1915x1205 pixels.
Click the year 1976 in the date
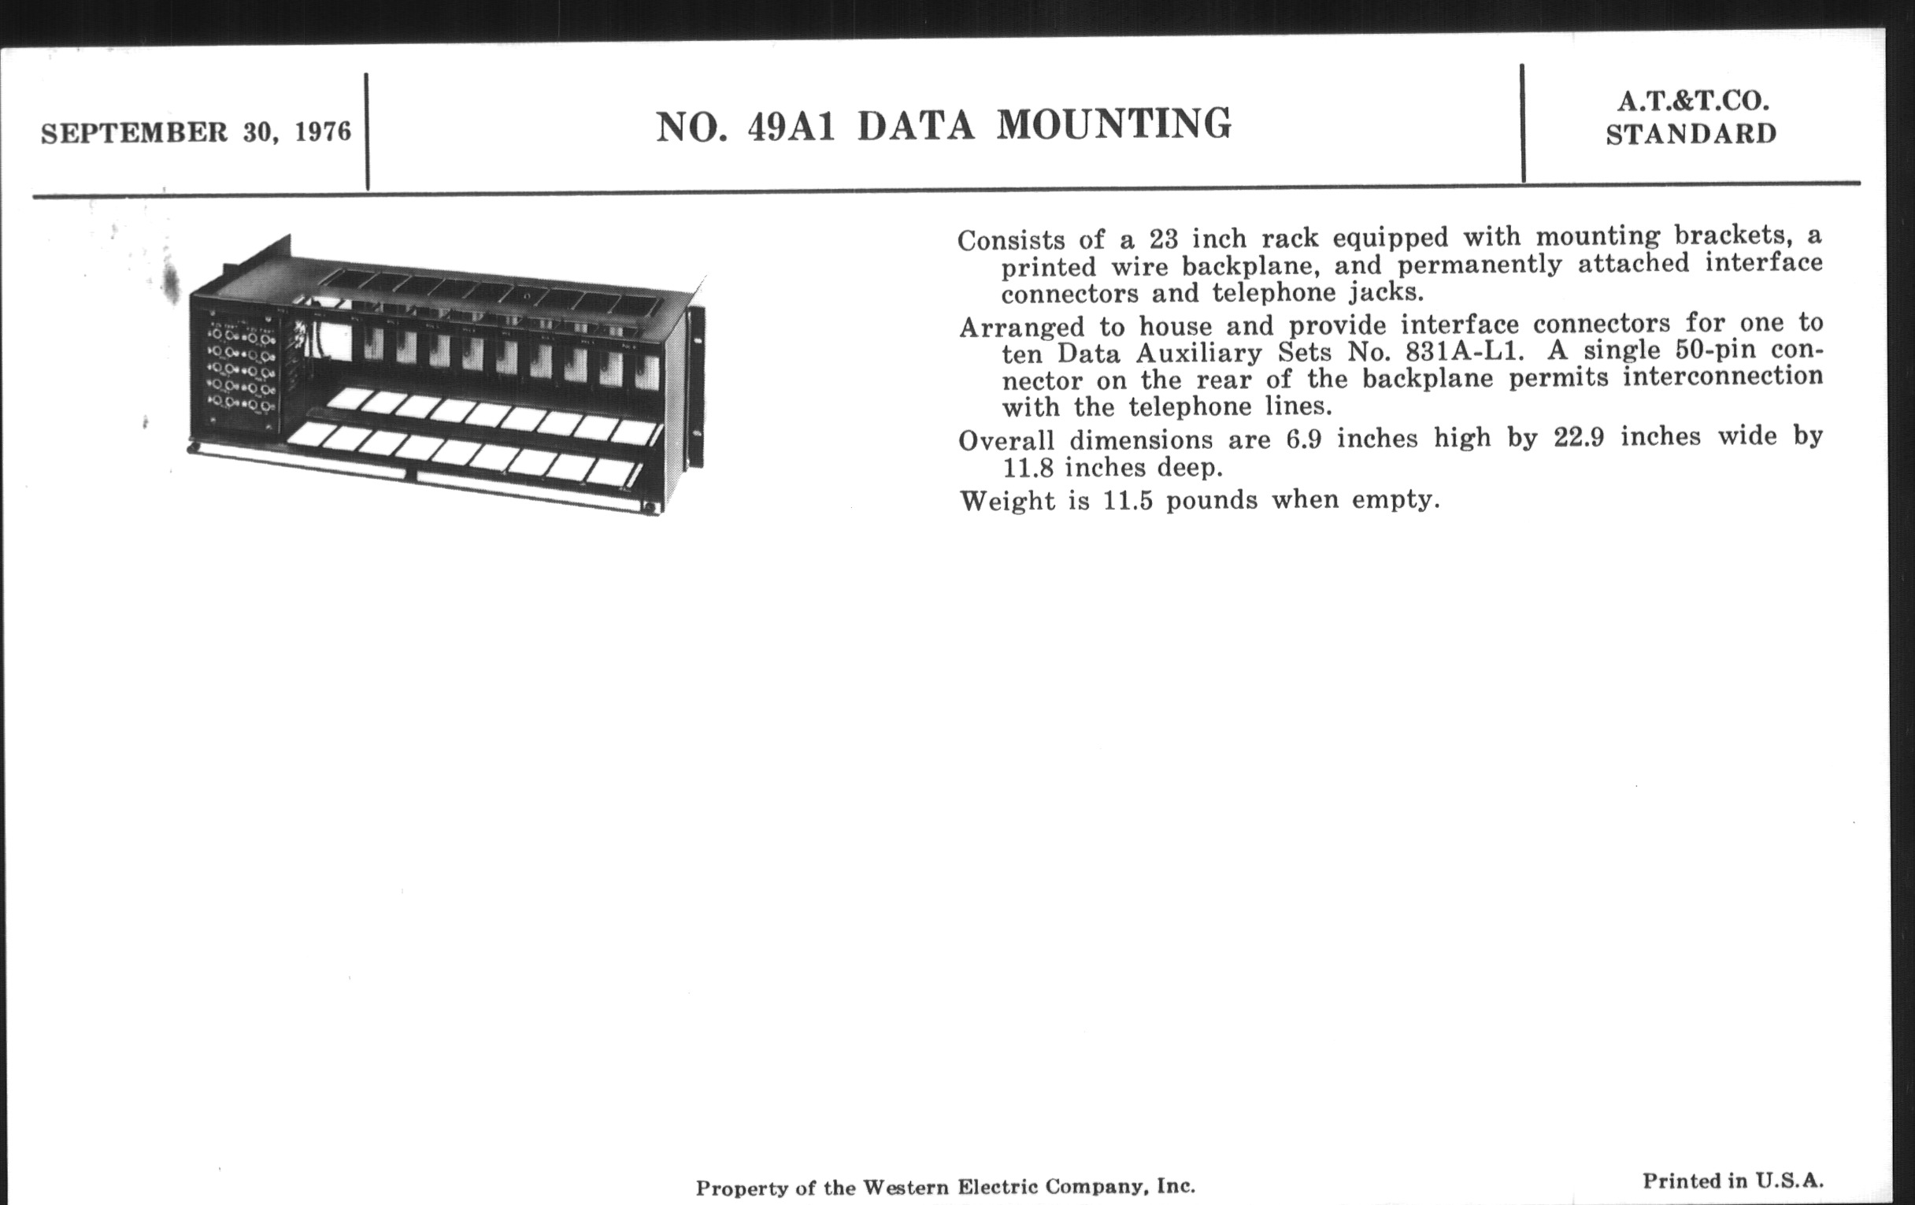[x=323, y=132]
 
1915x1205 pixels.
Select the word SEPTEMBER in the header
[x=135, y=133]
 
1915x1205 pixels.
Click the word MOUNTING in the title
[x=1113, y=125]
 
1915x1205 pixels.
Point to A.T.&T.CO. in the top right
[x=1691, y=101]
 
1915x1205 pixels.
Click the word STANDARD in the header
[x=1691, y=135]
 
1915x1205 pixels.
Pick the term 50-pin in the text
[x=1721, y=350]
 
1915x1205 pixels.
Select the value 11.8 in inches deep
[x=1028, y=468]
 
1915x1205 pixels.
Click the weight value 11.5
[x=1127, y=501]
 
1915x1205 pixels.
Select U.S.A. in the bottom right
[x=1788, y=1182]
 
